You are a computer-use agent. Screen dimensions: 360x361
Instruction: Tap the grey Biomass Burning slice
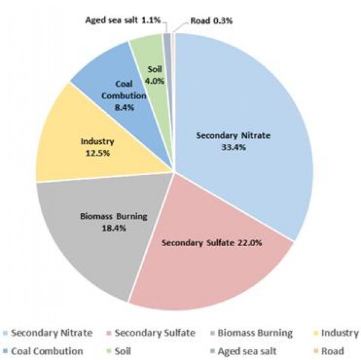click(90, 241)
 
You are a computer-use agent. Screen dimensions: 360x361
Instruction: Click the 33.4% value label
click(234, 147)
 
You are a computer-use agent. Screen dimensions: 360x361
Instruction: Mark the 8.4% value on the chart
click(125, 107)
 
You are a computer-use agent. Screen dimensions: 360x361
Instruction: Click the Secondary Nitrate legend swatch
click(5, 333)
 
